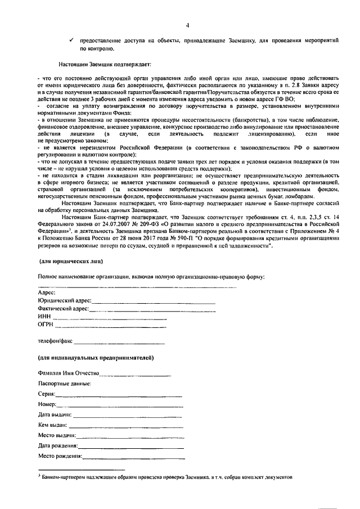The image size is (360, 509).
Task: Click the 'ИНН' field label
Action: pos(44,317)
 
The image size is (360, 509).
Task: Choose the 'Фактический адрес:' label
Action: pos(64,309)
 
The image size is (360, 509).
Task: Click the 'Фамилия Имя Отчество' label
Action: pos(69,373)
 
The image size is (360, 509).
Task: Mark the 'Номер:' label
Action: pos(47,404)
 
